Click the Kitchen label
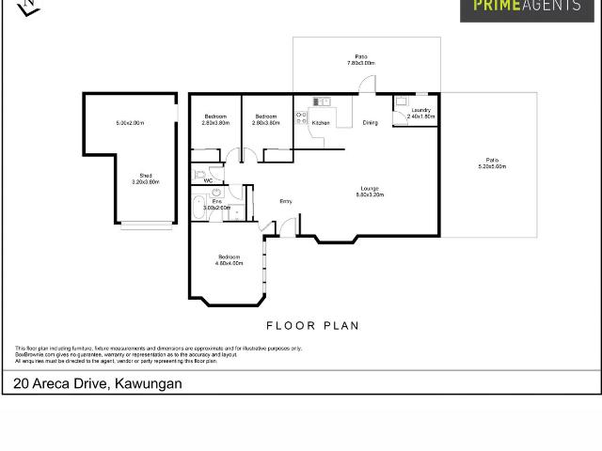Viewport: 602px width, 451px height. click(x=321, y=123)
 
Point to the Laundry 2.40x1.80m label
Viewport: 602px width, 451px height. click(x=420, y=114)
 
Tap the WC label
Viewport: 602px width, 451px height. click(x=195, y=180)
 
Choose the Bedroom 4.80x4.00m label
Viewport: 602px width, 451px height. click(x=230, y=260)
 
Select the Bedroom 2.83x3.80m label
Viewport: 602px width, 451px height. click(x=215, y=119)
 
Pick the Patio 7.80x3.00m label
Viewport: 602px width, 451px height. click(x=360, y=60)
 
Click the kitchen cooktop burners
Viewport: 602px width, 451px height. click(x=301, y=117)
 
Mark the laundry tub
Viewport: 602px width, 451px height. click(x=400, y=101)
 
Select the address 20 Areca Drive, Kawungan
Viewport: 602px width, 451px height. click(x=98, y=383)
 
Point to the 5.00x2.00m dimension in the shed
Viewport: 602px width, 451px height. click(x=129, y=123)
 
